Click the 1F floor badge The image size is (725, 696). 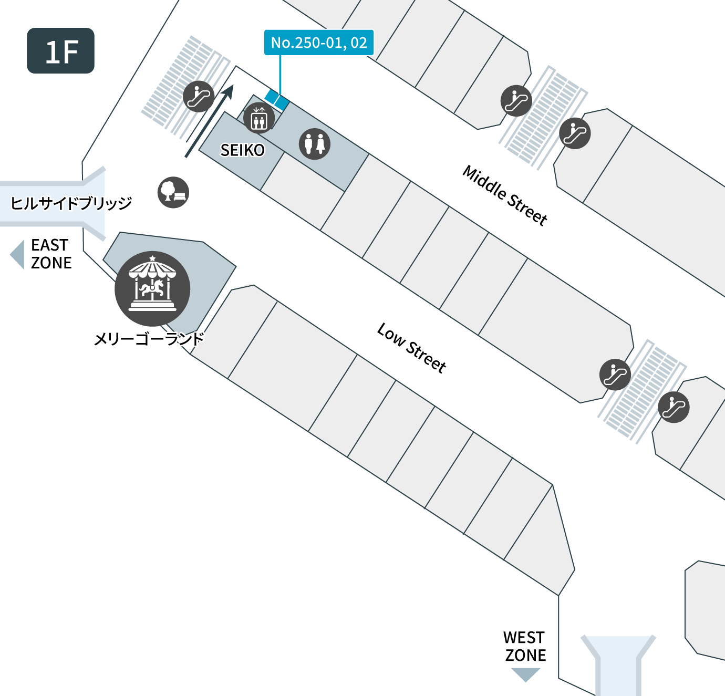pyautogui.click(x=60, y=50)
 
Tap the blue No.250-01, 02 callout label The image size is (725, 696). pyautogui.click(x=319, y=43)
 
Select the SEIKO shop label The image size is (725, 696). pyautogui.click(x=243, y=150)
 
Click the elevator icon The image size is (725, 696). pyautogui.click(x=259, y=118)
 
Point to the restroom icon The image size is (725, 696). pyautogui.click(x=315, y=144)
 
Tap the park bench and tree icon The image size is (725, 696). pyautogui.click(x=173, y=192)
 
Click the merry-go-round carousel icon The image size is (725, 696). pyautogui.click(x=152, y=289)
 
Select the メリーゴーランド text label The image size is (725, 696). pyautogui.click(x=149, y=339)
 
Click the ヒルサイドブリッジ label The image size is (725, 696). pyautogui.click(x=71, y=203)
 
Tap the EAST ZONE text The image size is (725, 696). pyautogui.click(x=51, y=254)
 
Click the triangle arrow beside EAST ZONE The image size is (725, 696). pyautogui.click(x=17, y=254)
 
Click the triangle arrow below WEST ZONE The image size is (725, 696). pyautogui.click(x=526, y=674)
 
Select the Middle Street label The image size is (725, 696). pyautogui.click(x=505, y=195)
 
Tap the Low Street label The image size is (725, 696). pyautogui.click(x=411, y=348)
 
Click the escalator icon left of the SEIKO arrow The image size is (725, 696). pyautogui.click(x=199, y=97)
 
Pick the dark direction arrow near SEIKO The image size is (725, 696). pyautogui.click(x=209, y=121)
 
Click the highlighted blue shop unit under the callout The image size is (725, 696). pyautogui.click(x=277, y=99)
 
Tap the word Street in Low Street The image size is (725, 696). pyautogui.click(x=426, y=358)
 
